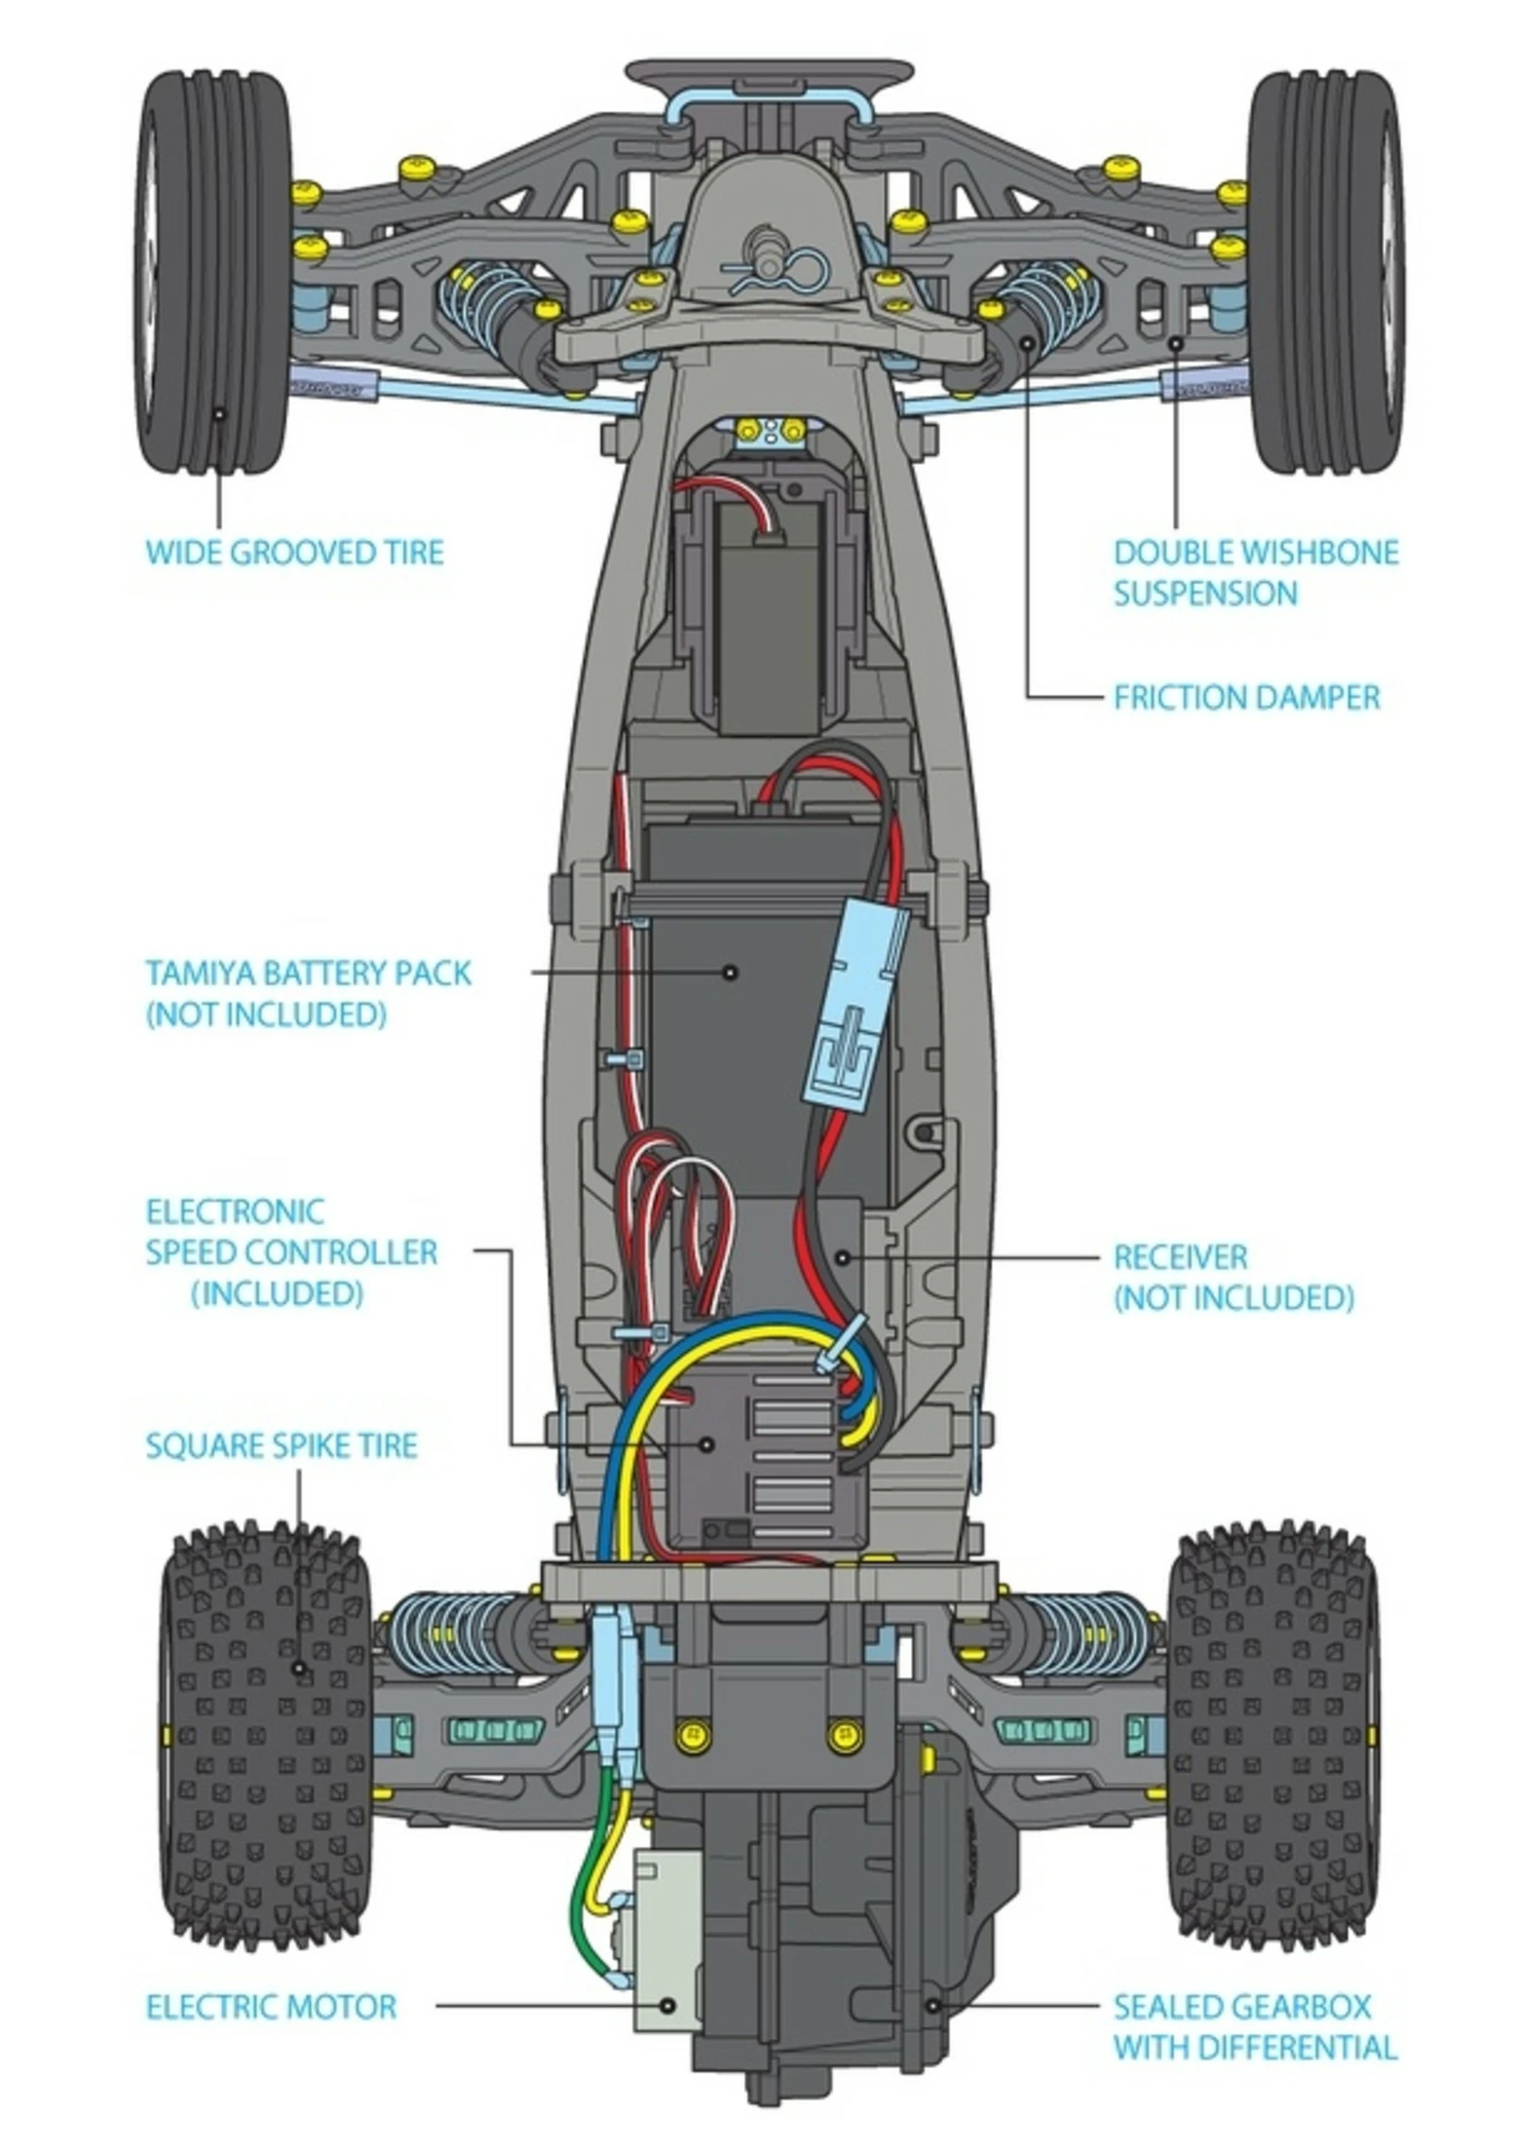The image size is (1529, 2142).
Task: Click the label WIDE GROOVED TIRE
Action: coord(293,552)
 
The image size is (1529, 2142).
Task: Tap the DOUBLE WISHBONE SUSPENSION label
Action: coord(1255,572)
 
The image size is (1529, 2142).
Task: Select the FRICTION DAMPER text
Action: coord(1246,698)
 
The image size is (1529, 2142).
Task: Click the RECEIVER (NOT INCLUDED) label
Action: coord(1233,1276)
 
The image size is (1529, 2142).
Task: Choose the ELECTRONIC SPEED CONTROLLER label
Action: coord(291,1252)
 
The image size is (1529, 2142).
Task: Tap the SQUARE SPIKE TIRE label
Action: coord(281,1445)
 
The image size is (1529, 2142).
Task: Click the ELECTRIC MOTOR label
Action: coord(271,2008)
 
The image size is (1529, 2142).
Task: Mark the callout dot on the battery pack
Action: coord(729,971)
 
